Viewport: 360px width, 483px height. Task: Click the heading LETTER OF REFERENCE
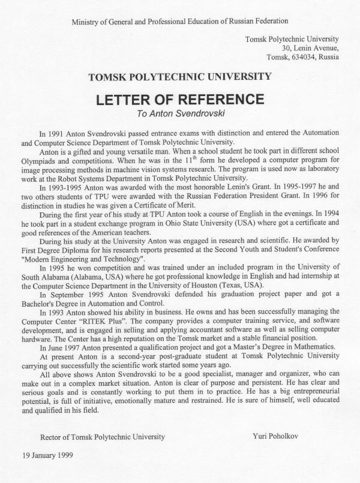(180, 97)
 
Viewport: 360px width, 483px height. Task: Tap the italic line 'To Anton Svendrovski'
(179, 111)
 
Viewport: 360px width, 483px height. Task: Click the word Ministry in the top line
(86, 22)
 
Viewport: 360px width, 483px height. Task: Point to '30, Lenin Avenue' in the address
(310, 48)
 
